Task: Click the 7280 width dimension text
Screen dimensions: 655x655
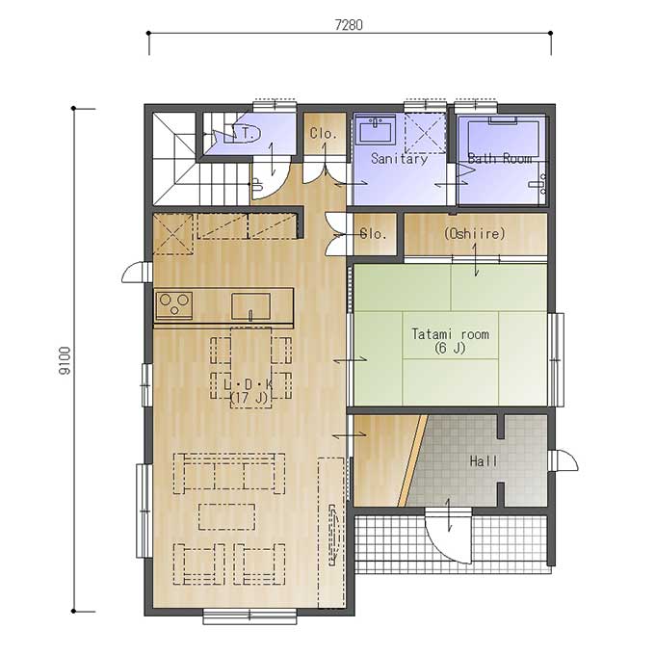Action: (349, 25)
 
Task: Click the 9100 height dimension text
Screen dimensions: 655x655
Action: (65, 361)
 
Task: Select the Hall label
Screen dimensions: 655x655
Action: (484, 461)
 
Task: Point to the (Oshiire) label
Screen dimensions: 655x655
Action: (475, 233)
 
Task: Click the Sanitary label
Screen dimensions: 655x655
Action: (399, 159)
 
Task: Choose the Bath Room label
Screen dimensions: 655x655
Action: (500, 158)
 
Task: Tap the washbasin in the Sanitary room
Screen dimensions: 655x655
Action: (378, 129)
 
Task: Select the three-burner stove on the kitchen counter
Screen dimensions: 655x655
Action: (173, 305)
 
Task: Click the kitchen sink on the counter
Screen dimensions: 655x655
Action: (250, 306)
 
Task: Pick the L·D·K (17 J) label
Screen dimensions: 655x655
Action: (249, 390)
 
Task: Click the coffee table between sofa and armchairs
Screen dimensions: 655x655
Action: (226, 516)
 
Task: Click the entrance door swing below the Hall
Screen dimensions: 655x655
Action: (449, 535)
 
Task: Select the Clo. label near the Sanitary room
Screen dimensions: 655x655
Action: (324, 134)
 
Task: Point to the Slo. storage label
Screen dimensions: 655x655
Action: (373, 234)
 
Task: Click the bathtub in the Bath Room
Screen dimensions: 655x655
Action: (504, 139)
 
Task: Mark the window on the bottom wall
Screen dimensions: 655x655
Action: (249, 616)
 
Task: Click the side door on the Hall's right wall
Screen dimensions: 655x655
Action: (563, 460)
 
